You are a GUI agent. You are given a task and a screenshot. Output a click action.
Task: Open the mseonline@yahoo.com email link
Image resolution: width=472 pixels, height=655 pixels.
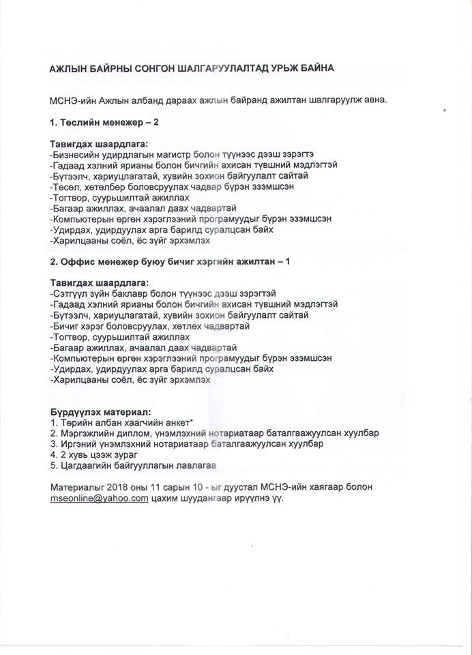pyautogui.click(x=100, y=499)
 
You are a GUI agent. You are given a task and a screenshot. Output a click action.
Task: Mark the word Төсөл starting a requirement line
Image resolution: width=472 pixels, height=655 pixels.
pyautogui.click(x=68, y=186)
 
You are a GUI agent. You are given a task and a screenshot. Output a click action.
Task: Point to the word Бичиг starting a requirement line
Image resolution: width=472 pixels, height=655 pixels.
pyautogui.click(x=68, y=326)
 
